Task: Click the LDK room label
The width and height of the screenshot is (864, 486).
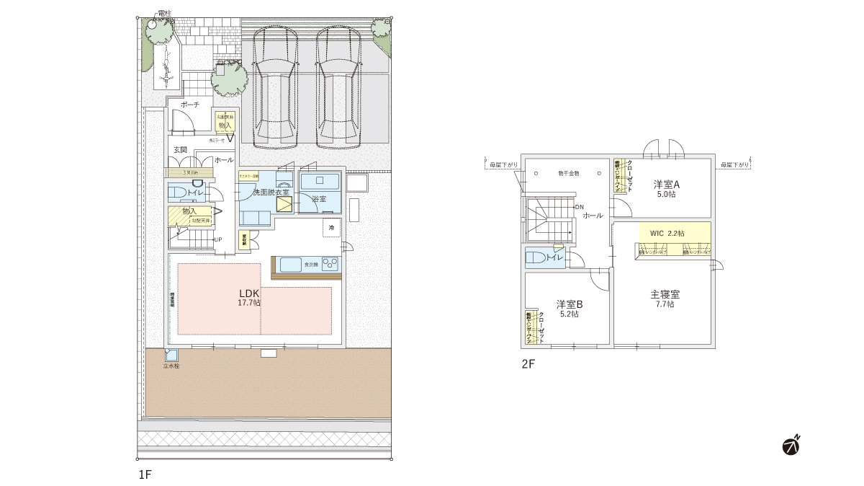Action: point(249,294)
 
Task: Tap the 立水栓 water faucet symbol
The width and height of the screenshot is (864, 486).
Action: point(171,355)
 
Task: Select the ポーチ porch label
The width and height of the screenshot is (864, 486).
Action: point(189,105)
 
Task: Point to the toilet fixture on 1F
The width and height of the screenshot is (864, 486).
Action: point(177,193)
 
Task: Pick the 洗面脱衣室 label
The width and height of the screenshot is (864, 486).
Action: point(270,192)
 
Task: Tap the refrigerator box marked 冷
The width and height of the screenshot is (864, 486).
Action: point(331,228)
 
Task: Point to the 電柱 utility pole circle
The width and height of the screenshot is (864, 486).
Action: point(152,24)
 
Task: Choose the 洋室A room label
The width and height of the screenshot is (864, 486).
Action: point(666,184)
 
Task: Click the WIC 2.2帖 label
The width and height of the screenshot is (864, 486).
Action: point(667,234)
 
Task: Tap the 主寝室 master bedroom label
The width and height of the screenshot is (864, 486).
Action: point(665,294)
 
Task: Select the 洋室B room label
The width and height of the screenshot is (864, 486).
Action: point(569,304)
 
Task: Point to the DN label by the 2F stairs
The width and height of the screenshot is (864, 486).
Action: point(579,207)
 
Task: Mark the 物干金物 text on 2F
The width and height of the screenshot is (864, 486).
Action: point(568,174)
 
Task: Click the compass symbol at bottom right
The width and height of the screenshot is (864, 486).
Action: point(792,446)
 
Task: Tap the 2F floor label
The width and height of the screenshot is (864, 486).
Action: point(528,364)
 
